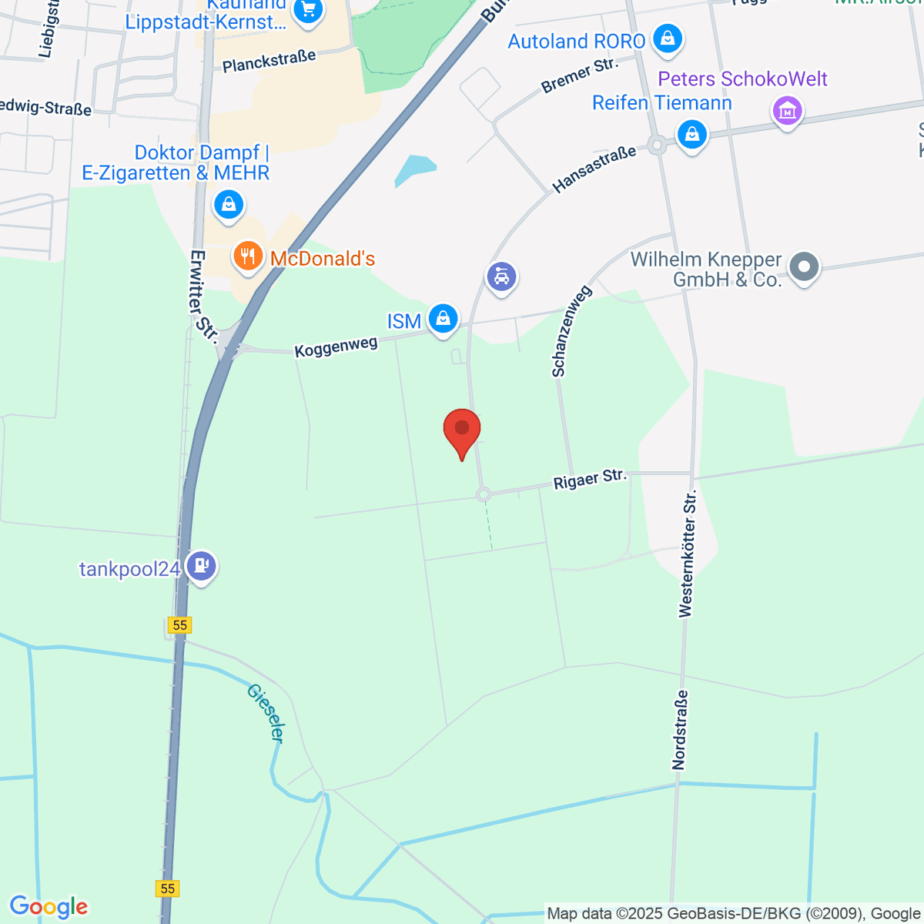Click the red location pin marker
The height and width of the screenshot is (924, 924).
[462, 430]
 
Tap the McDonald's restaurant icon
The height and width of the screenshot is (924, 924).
[247, 256]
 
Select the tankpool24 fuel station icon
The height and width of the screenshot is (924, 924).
[201, 567]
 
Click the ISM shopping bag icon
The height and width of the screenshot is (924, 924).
[443, 317]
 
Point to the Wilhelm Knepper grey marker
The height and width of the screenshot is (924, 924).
[804, 267]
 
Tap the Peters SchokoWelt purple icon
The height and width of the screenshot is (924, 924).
[787, 111]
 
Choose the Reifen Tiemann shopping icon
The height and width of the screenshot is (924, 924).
[691, 135]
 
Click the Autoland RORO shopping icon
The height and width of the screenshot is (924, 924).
[667, 38]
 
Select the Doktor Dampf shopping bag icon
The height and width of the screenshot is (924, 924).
[228, 205]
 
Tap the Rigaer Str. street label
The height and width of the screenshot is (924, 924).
[590, 479]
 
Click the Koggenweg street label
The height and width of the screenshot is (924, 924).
[336, 346]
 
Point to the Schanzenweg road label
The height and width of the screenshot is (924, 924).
[571, 331]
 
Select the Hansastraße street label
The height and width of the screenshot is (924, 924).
[594, 169]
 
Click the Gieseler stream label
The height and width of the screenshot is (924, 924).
[266, 713]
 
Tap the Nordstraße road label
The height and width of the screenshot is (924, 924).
[679, 729]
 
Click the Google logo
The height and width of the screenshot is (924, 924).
[49, 907]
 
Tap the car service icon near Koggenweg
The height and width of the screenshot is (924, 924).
[501, 276]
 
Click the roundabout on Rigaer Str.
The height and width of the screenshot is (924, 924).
[484, 494]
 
